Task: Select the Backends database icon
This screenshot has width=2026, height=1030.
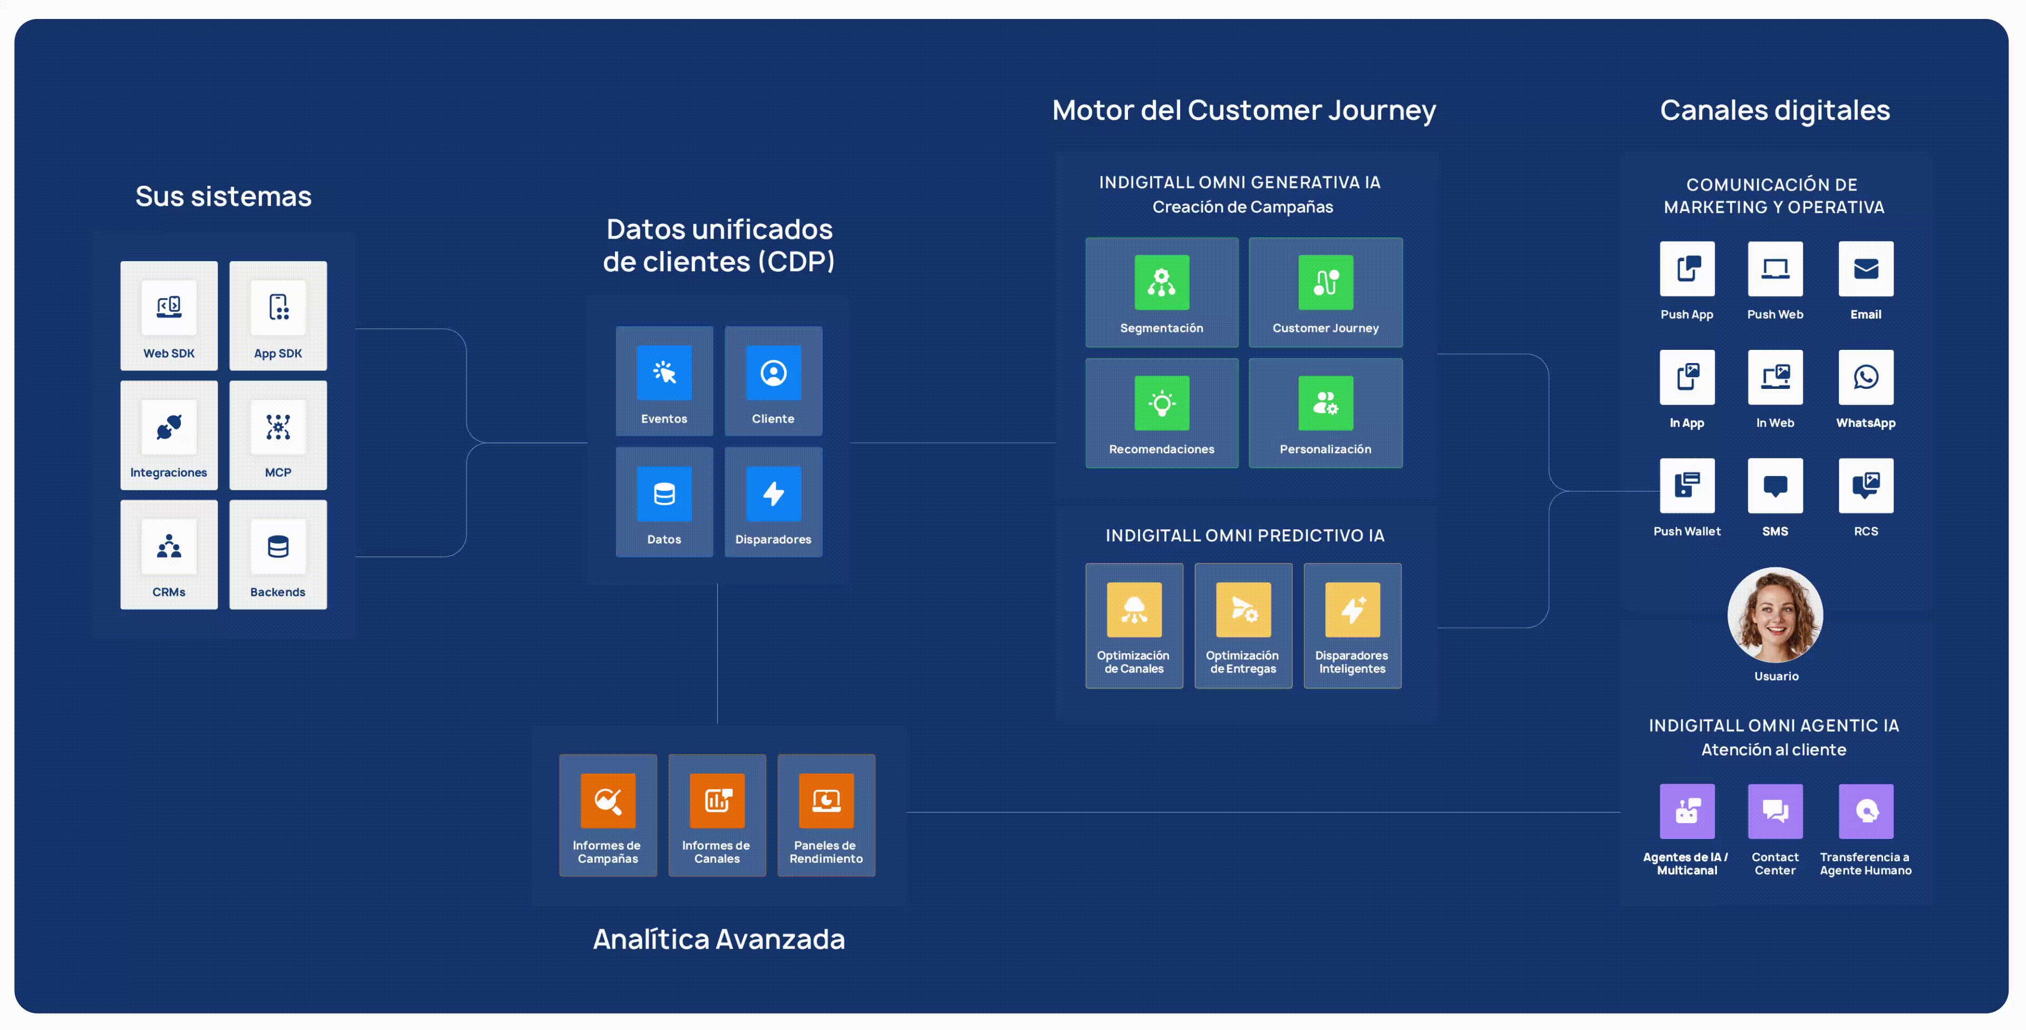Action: [277, 546]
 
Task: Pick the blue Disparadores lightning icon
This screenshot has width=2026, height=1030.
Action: [773, 493]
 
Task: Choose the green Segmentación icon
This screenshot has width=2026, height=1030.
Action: [1162, 282]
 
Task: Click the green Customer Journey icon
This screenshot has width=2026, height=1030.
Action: [1325, 282]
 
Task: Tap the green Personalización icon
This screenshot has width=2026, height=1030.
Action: [1325, 403]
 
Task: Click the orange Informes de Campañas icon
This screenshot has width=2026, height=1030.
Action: [608, 801]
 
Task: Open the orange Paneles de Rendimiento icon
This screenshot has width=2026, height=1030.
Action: [826, 801]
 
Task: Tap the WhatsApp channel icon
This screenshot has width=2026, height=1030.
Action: [1866, 377]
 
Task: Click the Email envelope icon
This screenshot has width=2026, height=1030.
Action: [1866, 269]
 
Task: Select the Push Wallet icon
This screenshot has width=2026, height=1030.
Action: [1687, 485]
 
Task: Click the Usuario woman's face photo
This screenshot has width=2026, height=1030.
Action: [1775, 615]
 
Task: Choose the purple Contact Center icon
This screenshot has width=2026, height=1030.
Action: [1775, 811]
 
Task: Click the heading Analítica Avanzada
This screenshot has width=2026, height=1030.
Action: [718, 939]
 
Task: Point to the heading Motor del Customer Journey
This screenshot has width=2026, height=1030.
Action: [1243, 110]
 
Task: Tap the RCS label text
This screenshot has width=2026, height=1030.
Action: [1866, 531]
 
